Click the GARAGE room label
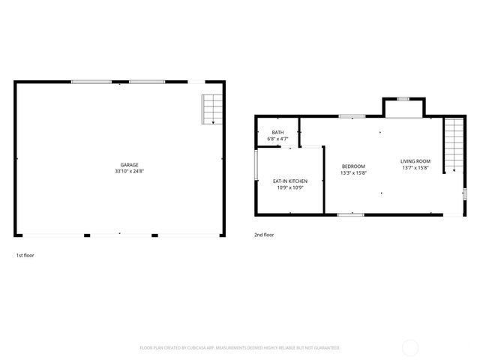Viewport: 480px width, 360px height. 130,165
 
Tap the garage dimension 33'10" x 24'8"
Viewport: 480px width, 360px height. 130,172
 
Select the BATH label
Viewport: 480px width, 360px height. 277,133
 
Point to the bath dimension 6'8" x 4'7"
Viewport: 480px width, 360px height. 277,139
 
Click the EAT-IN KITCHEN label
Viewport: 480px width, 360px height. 289,181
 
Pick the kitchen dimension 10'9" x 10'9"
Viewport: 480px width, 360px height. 289,187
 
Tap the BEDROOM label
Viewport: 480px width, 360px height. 353,166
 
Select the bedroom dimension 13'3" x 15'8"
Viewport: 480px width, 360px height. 353,172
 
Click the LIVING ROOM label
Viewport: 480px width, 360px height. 415,161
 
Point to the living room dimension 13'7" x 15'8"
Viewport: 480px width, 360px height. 415,168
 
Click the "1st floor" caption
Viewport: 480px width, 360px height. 25,255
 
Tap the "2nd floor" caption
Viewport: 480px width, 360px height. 264,235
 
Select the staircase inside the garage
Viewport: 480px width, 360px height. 212,109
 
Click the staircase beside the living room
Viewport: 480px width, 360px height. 454,145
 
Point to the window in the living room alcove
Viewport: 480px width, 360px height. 403,99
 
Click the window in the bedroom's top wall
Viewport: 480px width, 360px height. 351,116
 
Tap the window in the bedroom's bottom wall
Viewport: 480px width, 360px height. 350,215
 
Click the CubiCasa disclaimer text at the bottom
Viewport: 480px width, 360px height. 240,348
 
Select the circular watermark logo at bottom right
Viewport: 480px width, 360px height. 410,347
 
